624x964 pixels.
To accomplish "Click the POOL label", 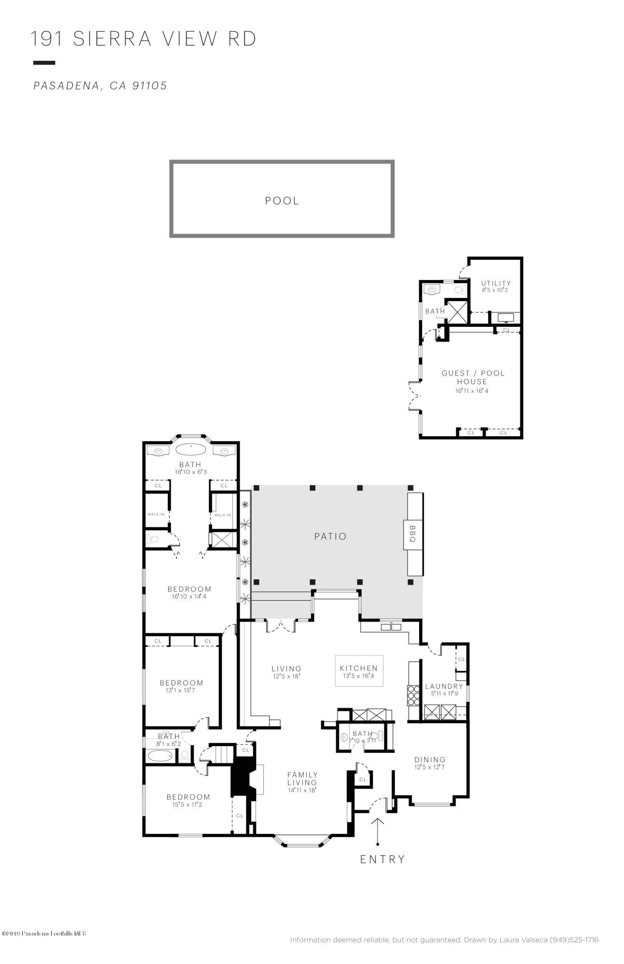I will click(x=282, y=201).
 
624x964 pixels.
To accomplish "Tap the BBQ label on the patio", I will click(x=412, y=534).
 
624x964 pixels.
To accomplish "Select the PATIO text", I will click(x=330, y=536).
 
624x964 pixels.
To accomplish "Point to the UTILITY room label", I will click(x=496, y=283).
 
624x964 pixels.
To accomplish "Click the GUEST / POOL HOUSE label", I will click(x=473, y=377).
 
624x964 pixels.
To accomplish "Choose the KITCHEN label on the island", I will click(x=359, y=668).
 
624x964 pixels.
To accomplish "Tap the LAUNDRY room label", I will click(x=444, y=686).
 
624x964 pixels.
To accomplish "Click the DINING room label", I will click(x=430, y=760).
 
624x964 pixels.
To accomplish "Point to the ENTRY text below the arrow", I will click(x=383, y=859).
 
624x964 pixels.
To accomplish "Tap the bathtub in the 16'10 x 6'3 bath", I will click(x=190, y=449).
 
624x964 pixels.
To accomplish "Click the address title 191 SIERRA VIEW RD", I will click(x=144, y=39).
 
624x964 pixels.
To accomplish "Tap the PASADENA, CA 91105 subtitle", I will click(x=100, y=86).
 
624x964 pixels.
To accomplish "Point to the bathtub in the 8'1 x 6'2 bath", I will click(x=160, y=755).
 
